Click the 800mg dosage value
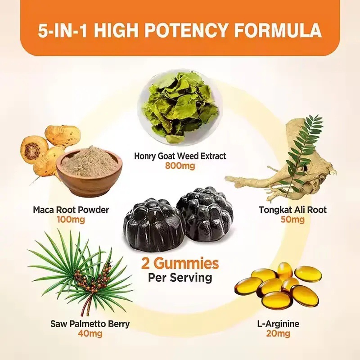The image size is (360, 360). click(x=180, y=165)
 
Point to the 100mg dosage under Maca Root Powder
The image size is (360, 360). click(x=71, y=220)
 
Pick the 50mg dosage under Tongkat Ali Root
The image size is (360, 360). click(x=293, y=220)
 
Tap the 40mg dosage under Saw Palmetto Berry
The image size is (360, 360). click(x=90, y=333)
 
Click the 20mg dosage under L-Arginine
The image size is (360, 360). click(x=278, y=333)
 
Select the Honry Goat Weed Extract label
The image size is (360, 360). click(x=180, y=156)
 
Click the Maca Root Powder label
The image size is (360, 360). click(x=71, y=210)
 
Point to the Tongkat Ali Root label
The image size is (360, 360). click(x=293, y=210)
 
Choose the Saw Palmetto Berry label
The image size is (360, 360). click(x=90, y=324)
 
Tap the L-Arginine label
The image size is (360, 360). click(x=278, y=324)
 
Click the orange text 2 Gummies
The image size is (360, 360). click(x=180, y=264)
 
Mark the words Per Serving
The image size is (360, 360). click(x=180, y=278)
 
